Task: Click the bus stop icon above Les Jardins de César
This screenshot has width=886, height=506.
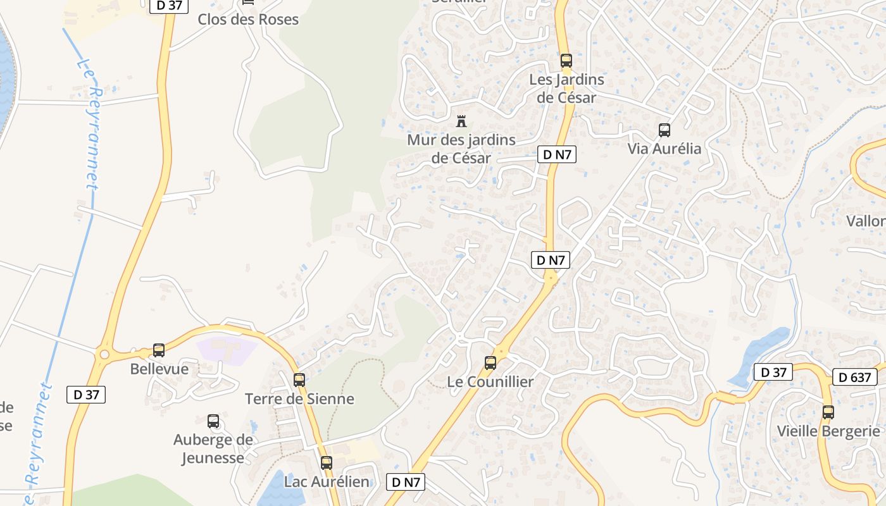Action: [x=566, y=61]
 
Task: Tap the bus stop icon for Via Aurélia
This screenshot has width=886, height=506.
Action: [x=664, y=130]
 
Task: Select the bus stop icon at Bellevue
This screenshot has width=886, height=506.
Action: [x=159, y=350]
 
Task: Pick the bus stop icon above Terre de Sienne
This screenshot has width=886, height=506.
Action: [x=299, y=380]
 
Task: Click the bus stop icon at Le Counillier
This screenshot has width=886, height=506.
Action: [x=490, y=363]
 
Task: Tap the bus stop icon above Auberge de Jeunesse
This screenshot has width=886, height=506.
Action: [x=213, y=421]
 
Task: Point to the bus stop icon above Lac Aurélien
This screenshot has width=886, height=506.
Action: [x=326, y=463]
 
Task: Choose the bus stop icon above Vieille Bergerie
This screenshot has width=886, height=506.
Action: [x=828, y=412]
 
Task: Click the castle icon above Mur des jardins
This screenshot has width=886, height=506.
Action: [x=461, y=121]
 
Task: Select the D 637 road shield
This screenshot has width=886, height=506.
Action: [x=854, y=377]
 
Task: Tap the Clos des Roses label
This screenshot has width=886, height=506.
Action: [x=248, y=20]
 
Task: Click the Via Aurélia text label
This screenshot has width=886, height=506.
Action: [x=664, y=149]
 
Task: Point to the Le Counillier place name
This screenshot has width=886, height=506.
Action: [x=490, y=382]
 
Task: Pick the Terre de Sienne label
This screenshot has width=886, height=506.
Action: [x=299, y=399]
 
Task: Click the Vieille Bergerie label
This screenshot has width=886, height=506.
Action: [x=828, y=431]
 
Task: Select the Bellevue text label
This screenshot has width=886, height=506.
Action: [x=159, y=369]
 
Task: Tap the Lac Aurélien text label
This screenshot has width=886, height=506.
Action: [x=326, y=482]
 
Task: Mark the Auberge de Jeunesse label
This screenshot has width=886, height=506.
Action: [x=213, y=448]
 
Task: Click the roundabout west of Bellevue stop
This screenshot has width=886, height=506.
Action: [x=104, y=355]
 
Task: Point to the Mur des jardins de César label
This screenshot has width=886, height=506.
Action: [x=461, y=149]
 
